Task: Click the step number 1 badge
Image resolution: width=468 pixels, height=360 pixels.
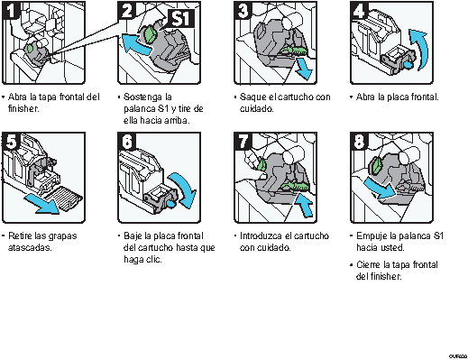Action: click(11, 11)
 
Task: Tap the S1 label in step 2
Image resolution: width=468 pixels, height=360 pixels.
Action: click(180, 19)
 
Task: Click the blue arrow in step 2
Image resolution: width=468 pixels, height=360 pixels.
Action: click(137, 44)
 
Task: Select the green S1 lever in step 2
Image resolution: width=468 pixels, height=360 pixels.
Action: click(151, 34)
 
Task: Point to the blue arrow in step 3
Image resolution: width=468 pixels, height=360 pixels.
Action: click(304, 69)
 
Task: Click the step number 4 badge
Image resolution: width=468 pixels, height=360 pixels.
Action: click(359, 11)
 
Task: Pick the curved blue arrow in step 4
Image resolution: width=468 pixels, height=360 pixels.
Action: click(419, 48)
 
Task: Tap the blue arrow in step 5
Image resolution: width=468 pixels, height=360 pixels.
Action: click(42, 204)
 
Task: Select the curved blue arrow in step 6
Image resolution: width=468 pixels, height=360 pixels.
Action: click(184, 189)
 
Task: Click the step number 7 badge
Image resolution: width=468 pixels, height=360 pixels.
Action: click(243, 141)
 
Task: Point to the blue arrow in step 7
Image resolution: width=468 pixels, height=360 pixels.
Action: click(305, 205)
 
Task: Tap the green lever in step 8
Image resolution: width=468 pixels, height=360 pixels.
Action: click(377, 165)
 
